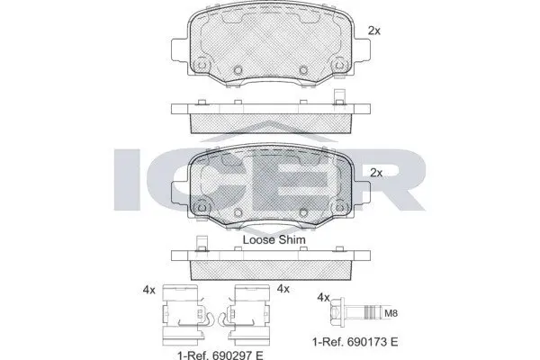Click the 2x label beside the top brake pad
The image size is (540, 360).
click(x=374, y=31)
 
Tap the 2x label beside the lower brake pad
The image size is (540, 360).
click(x=376, y=173)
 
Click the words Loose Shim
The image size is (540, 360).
click(x=274, y=239)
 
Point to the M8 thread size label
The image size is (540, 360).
click(x=391, y=313)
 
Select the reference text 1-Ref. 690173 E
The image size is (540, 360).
click(x=355, y=342)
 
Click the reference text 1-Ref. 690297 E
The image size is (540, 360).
click(x=220, y=355)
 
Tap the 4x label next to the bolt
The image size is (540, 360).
click(x=323, y=297)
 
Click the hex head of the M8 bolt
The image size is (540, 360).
click(x=336, y=313)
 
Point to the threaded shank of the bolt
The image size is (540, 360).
click(x=363, y=313)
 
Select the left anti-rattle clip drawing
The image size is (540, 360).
click(x=184, y=315)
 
